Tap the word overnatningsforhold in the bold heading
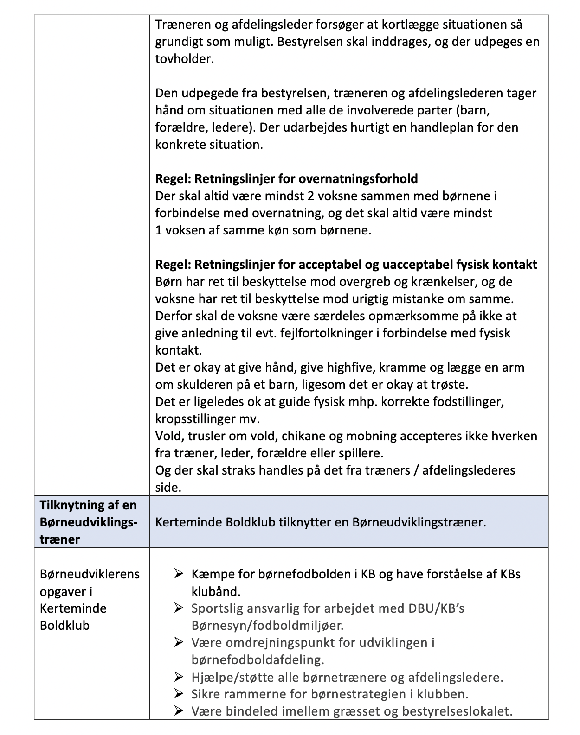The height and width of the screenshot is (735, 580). (358, 179)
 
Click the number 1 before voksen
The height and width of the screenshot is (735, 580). (159, 230)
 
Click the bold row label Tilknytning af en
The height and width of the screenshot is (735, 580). (88, 505)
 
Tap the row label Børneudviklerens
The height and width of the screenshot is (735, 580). (90, 574)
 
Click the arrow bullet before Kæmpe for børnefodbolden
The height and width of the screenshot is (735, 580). (179, 574)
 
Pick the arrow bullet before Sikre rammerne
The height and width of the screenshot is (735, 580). (179, 694)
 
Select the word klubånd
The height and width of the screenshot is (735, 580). (216, 592)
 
